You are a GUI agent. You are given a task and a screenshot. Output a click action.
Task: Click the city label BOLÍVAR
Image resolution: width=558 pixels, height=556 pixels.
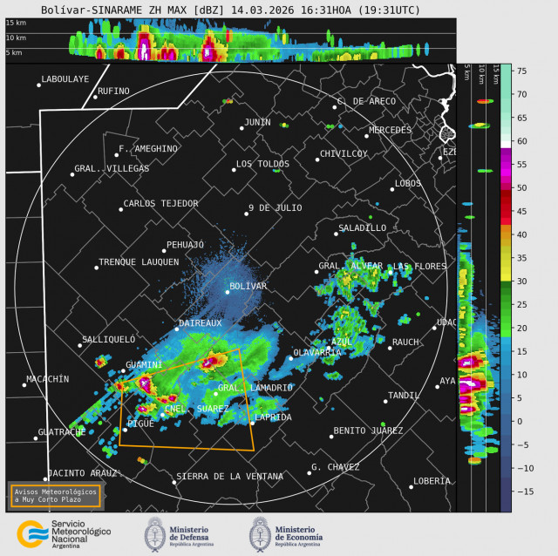[248, 286]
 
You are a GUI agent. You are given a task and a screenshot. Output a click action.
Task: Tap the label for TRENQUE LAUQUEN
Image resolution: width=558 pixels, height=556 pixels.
[139, 261]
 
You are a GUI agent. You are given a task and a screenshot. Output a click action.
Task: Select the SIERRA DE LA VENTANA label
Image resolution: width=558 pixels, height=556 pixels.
[229, 477]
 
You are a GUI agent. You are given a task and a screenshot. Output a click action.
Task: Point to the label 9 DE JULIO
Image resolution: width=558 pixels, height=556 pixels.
[275, 207]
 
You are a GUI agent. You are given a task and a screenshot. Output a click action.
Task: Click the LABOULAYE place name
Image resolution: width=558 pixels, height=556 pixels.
[65, 79]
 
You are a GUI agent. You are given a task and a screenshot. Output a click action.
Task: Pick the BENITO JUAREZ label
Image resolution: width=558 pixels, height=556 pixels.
[368, 431]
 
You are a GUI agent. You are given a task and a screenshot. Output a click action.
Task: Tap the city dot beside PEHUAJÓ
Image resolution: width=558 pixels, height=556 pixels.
[163, 251]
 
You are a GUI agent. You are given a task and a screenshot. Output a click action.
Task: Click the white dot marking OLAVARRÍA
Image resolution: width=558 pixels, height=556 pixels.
[291, 358]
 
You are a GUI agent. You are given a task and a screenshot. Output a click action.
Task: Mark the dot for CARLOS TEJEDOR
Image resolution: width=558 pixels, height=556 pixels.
[121, 209]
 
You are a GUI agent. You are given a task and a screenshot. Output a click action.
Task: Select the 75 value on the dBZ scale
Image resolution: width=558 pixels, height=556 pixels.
[521, 71]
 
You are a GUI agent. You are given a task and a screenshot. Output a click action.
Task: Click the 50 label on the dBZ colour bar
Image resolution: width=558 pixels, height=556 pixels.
[521, 187]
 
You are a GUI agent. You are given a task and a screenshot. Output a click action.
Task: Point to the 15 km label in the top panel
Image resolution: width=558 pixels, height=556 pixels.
[14, 23]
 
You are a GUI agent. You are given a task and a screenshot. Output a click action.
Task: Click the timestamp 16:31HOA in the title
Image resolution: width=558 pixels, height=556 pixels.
[322, 10]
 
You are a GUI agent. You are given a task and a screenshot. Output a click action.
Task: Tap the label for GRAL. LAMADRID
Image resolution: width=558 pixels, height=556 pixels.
[255, 387]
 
